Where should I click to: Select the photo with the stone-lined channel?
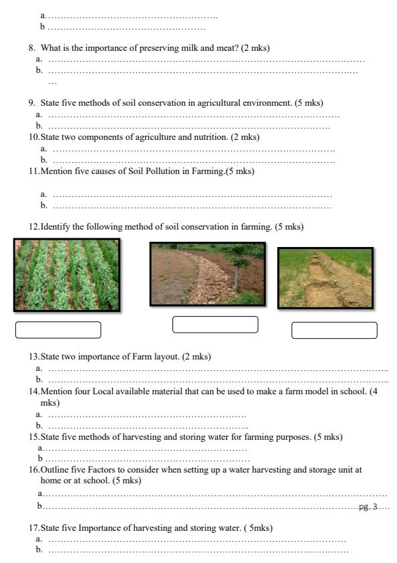tap(207, 274)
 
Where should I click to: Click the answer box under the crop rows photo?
tap(57, 330)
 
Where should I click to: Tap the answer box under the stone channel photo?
tap(215, 324)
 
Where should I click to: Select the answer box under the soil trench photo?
tap(334, 330)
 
